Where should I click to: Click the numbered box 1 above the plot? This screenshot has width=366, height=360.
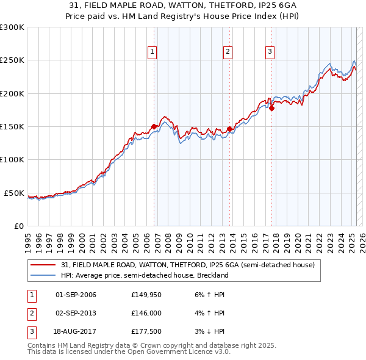152,52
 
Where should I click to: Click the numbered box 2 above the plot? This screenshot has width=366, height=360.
227,52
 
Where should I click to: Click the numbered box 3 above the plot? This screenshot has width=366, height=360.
270,52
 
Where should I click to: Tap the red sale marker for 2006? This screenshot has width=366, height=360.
154,126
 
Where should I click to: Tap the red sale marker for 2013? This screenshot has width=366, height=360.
229,129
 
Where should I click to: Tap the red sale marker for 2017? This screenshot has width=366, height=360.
272,109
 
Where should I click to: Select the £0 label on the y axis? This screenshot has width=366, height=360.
18,226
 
